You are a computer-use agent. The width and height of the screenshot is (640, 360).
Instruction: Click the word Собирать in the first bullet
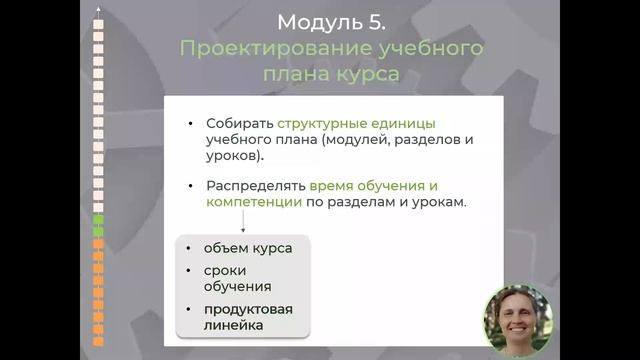tap(239, 124)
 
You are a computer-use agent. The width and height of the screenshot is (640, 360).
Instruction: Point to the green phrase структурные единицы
tap(357, 124)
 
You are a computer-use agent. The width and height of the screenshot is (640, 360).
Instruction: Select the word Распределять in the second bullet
tap(255, 186)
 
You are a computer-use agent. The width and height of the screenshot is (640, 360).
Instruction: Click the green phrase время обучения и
tap(373, 186)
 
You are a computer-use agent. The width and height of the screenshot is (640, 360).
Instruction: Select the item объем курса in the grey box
tap(247, 248)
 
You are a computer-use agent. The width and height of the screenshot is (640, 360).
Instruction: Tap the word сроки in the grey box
tap(225, 271)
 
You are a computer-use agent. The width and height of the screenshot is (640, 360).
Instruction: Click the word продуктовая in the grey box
tap(247, 309)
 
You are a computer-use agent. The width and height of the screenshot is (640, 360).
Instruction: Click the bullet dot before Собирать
tap(190, 124)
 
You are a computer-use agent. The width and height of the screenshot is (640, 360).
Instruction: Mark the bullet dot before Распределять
tap(190, 186)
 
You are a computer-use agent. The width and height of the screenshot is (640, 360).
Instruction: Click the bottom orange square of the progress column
tap(98, 341)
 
